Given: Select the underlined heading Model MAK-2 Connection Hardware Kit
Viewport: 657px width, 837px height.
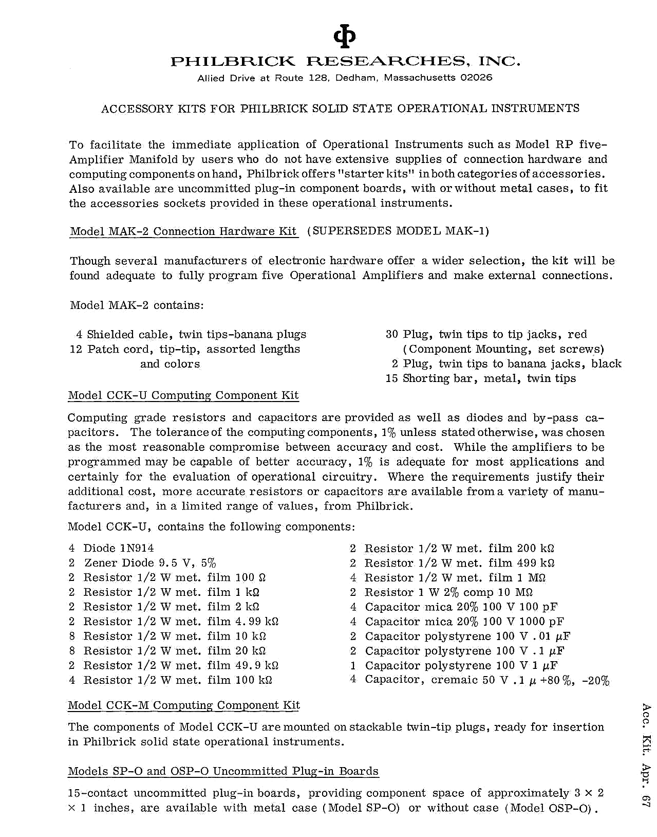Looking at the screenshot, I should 183,231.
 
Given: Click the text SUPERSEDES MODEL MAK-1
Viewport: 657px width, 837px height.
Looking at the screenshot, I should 398,231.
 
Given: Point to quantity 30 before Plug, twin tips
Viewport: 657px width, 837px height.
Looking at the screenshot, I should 392,334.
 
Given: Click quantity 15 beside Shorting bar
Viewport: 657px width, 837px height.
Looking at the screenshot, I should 392,378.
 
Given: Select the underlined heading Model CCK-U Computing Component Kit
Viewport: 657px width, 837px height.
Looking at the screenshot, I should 183,395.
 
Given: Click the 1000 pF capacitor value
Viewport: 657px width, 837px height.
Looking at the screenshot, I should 539,622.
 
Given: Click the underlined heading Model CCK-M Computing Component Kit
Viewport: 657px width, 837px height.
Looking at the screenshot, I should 184,705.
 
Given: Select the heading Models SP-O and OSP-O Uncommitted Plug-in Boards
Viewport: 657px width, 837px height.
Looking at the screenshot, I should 223,771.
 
